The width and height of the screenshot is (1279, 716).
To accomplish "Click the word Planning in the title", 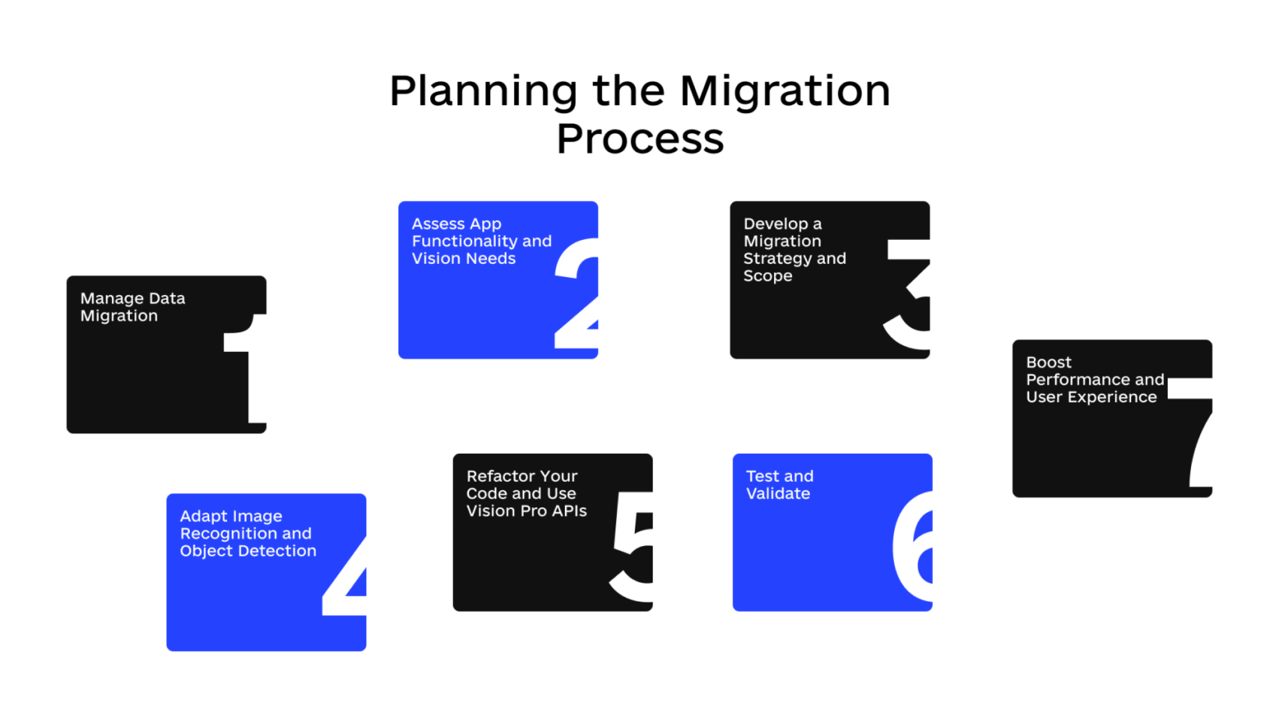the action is (x=483, y=92).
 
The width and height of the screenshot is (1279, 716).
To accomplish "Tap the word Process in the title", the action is (x=640, y=139).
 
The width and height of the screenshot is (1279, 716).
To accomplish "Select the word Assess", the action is (x=438, y=223).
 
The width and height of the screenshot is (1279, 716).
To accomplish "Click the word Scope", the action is (x=768, y=276).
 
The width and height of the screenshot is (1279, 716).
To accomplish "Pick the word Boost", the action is (x=1049, y=363).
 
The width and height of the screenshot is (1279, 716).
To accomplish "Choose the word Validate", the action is (x=778, y=494).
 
